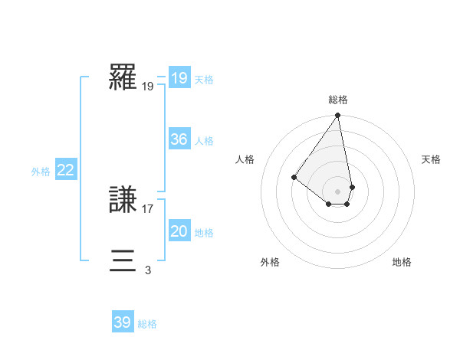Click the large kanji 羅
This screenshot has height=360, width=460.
pyautogui.click(x=123, y=77)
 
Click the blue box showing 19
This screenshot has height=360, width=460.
pyautogui.click(x=179, y=78)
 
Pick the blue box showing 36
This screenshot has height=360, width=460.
pyautogui.click(x=179, y=139)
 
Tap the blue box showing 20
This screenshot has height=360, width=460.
pyautogui.click(x=179, y=231)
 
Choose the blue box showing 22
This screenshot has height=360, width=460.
pyautogui.click(x=65, y=170)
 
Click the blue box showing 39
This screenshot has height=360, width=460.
pyautogui.click(x=122, y=322)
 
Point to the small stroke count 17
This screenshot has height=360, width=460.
pyautogui.click(x=148, y=208)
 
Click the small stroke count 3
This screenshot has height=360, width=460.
pyautogui.click(x=147, y=270)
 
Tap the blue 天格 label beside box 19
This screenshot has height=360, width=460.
pyautogui.click(x=204, y=80)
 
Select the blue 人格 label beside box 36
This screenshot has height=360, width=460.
pyautogui.click(x=204, y=141)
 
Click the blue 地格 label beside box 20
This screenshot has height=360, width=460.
pyautogui.click(x=204, y=233)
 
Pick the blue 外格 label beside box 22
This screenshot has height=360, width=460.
pyautogui.click(x=41, y=172)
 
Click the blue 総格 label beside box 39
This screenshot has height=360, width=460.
pyautogui.click(x=147, y=324)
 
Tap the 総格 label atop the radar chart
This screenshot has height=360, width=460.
pyautogui.click(x=338, y=100)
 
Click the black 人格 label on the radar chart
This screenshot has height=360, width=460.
pyautogui.click(x=245, y=159)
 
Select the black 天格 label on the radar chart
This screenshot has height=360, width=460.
pyautogui.click(x=431, y=159)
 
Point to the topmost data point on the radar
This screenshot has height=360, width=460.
pyautogui.click(x=338, y=116)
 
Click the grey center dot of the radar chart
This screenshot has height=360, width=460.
pyautogui.click(x=338, y=191)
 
